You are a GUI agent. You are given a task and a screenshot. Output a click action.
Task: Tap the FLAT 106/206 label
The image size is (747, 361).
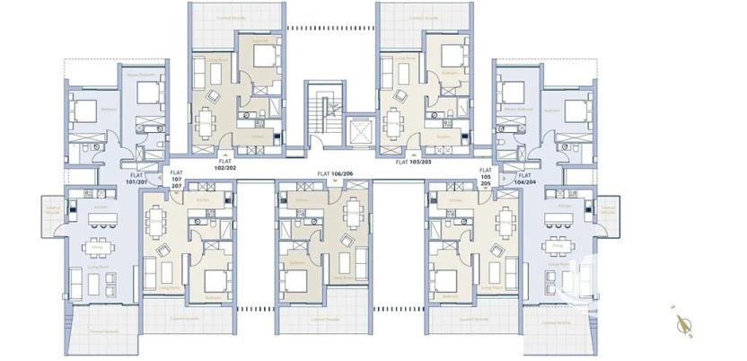336,172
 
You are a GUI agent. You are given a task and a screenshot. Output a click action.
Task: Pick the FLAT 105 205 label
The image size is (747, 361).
485,177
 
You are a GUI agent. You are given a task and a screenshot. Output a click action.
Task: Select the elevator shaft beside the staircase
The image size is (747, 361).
359,131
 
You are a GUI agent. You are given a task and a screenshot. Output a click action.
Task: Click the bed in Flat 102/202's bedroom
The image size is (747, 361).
264,57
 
